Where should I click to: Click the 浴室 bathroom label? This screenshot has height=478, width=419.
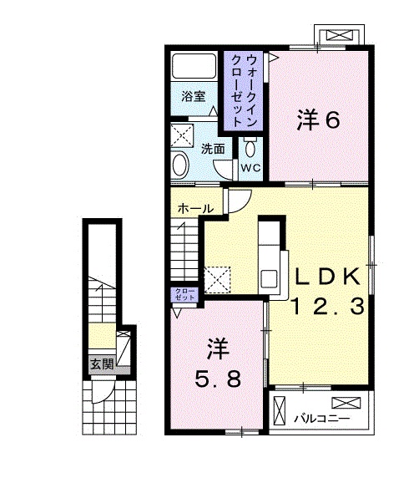click(194, 97)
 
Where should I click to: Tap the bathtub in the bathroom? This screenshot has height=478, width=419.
click(194, 67)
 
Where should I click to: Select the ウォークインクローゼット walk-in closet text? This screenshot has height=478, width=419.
click(243, 90)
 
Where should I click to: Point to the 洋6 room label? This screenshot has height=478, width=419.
click(318, 120)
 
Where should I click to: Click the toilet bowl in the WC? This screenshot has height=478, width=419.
click(250, 148)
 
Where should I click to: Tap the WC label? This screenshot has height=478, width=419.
click(250, 167)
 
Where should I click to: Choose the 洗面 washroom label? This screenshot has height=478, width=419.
click(213, 149)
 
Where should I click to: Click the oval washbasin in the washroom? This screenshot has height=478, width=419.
click(179, 165)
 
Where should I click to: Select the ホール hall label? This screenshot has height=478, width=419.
click(195, 209)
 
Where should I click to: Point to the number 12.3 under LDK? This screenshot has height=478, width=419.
click(328, 306)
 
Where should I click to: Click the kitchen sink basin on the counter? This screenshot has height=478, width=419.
click(268, 278)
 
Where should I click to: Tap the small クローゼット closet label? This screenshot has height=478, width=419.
click(184, 294)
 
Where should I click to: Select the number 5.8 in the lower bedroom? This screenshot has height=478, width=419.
click(218, 379)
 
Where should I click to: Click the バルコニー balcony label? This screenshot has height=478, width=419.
click(321, 418)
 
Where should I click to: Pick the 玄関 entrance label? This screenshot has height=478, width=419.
click(103, 364)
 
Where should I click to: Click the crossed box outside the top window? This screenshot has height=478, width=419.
click(340, 35)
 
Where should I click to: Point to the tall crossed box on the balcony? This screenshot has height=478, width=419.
click(280, 410)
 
